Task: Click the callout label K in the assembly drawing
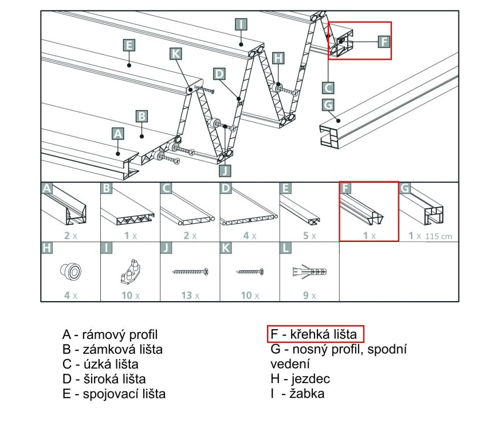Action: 176,54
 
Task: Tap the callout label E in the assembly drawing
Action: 129,45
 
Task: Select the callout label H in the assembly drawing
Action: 278,58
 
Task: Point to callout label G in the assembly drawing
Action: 328,105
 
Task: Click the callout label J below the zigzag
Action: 225,171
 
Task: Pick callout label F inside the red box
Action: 384,41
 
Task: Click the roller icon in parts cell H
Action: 71,272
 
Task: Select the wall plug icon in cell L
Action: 309,272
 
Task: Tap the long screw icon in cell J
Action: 190,272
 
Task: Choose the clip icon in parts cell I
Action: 131,271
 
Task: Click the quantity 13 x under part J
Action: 190,295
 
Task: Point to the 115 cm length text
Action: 438,236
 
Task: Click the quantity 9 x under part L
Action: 309,295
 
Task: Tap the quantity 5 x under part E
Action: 309,236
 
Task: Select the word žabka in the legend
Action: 307,393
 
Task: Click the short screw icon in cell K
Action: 250,272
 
